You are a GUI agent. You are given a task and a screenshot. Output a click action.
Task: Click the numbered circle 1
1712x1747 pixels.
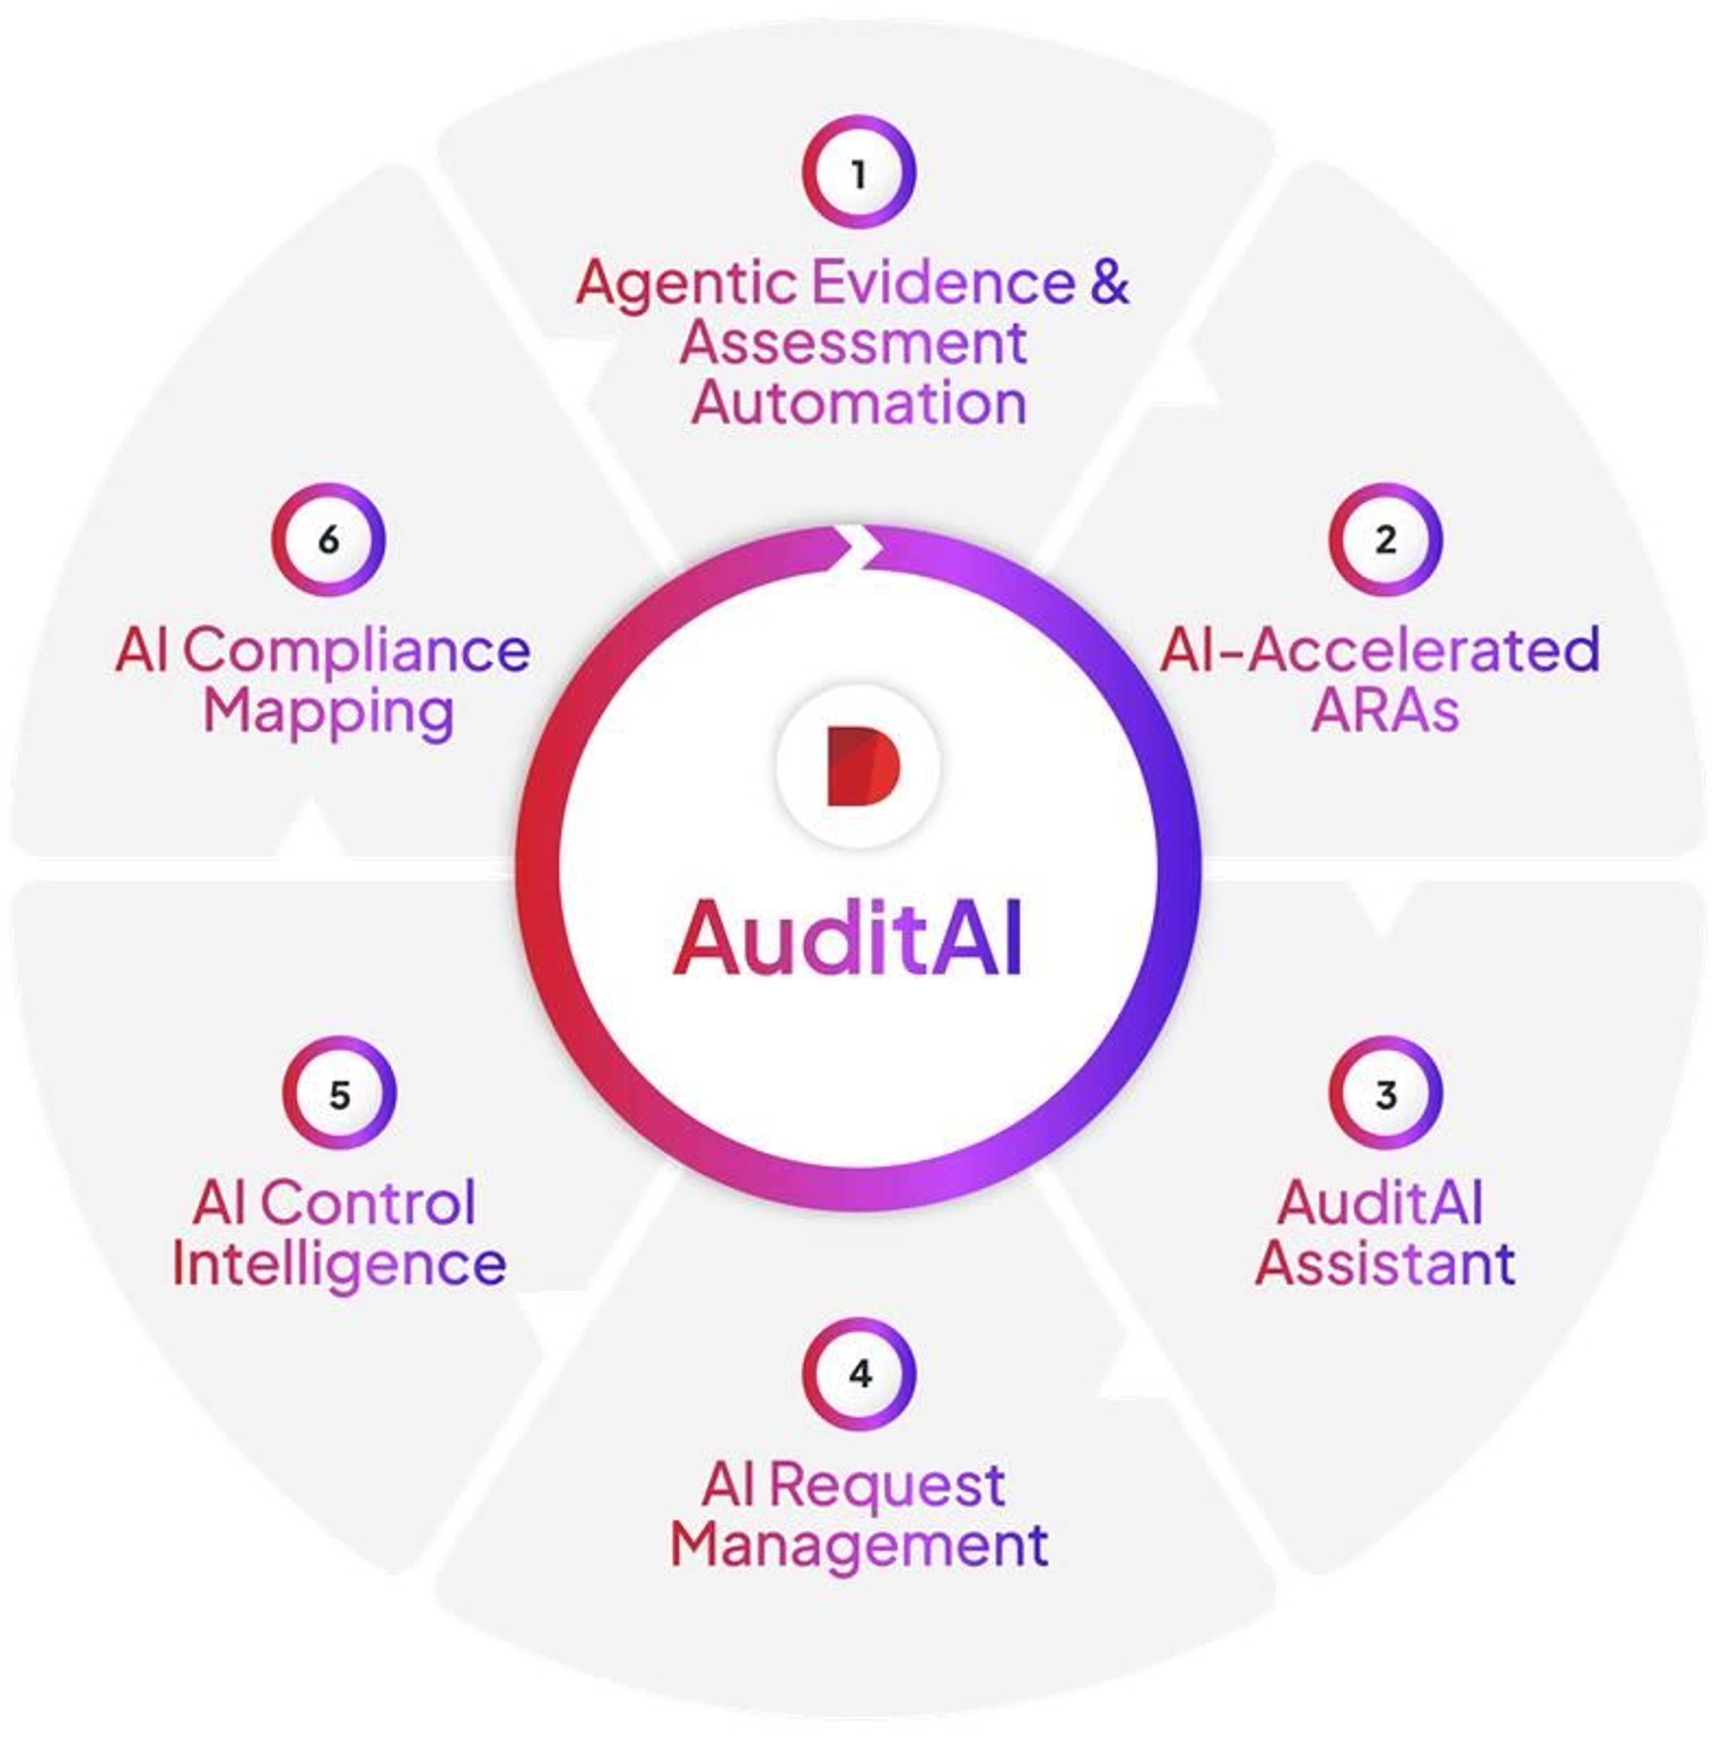click(859, 172)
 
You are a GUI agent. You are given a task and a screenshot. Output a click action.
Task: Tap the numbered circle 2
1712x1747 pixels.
click(1386, 540)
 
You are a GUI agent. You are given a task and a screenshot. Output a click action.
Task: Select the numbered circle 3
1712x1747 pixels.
click(1386, 1093)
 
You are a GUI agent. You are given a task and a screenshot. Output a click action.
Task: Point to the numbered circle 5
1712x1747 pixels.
click(339, 1093)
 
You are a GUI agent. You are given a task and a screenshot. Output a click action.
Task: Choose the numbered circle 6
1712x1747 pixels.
click(328, 540)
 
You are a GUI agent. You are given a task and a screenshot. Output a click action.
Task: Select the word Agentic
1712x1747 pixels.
click(685, 283)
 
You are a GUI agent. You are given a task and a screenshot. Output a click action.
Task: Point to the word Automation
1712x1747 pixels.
click(859, 404)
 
